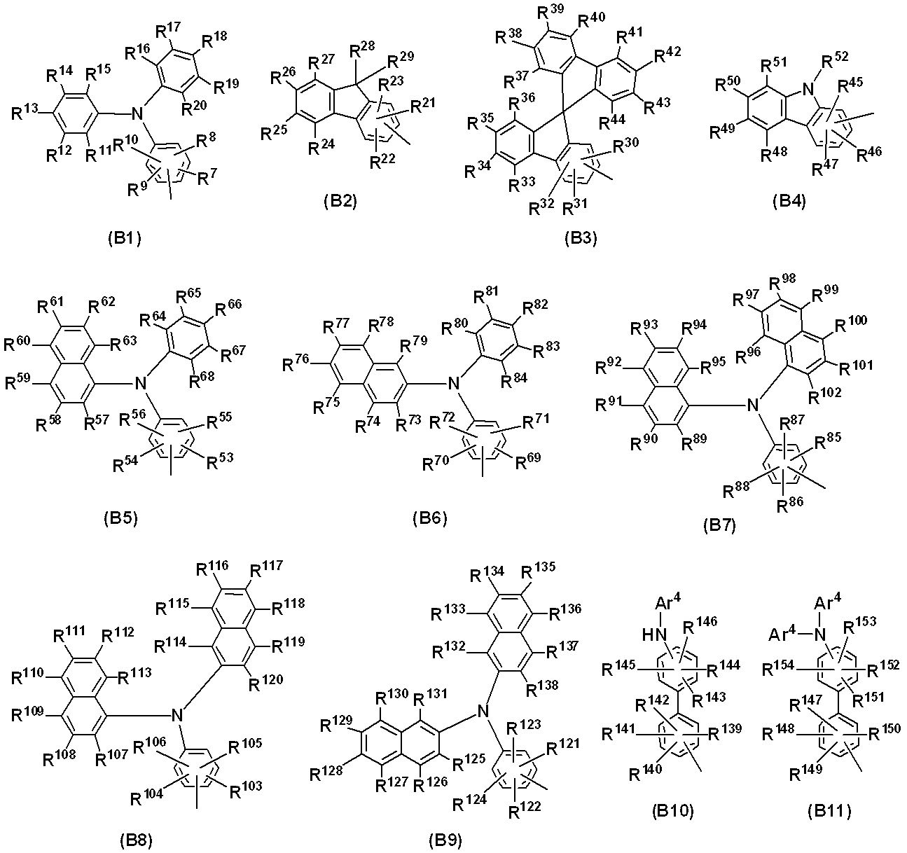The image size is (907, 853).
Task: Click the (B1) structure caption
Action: pos(125,239)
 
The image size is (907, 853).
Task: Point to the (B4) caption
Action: pos(789,202)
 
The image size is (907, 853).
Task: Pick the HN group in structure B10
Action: pos(654,634)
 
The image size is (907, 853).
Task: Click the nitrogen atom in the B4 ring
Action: pos(808,89)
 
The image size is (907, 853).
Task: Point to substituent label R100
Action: pos(851,324)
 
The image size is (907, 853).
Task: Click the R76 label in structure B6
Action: pos(296,364)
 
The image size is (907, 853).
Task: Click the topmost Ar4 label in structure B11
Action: pos(828,602)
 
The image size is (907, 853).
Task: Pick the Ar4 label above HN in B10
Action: pos(668,602)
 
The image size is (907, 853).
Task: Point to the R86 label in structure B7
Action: pos(789,504)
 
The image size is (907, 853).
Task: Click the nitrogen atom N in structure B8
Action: pos(177,715)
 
